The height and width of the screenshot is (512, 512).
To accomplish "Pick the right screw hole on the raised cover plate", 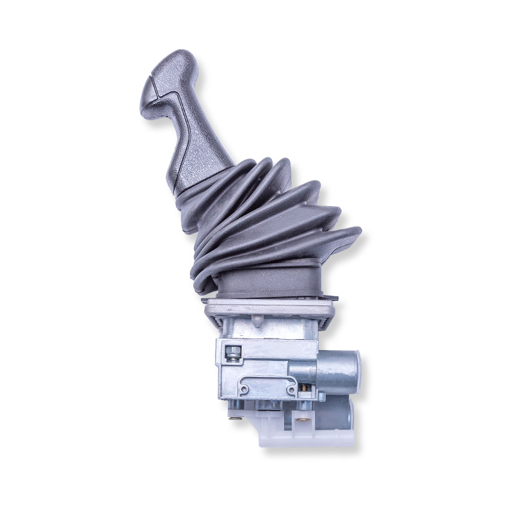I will click(289, 388).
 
